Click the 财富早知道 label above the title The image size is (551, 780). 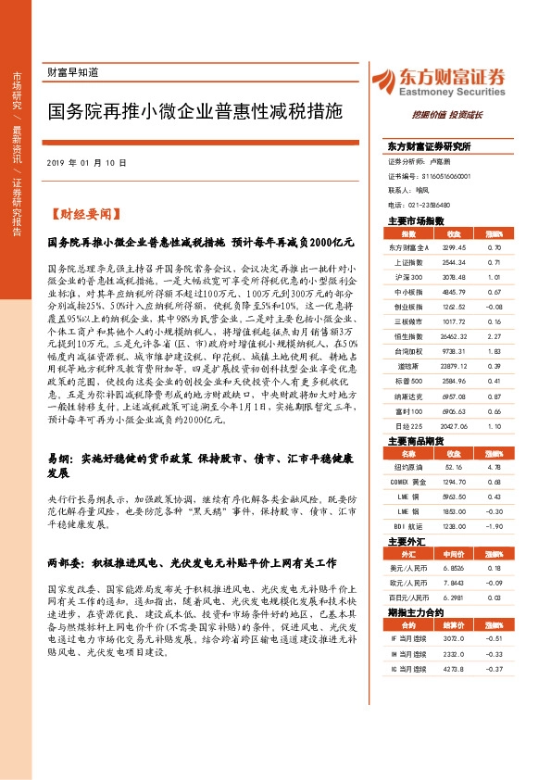point(72,72)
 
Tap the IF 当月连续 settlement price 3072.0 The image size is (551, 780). point(456,637)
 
